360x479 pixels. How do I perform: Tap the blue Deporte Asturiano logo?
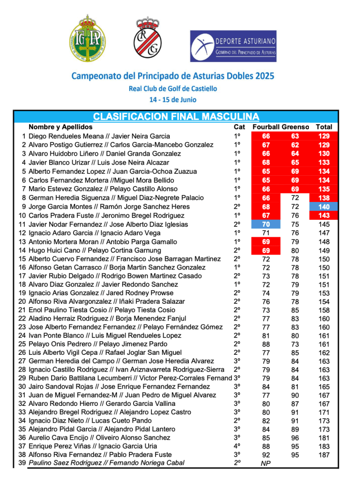[232, 46]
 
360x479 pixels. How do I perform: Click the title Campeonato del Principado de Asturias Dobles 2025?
[172, 75]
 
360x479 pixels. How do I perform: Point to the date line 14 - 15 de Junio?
[172, 99]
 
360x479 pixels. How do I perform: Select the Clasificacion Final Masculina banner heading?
[176, 116]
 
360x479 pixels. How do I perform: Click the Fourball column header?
[266, 127]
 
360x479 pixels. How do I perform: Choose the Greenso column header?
[295, 127]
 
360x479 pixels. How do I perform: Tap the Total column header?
[324, 127]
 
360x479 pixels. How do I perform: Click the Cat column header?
[239, 127]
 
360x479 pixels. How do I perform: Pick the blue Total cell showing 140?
[324, 207]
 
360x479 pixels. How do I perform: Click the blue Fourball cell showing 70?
[266, 225]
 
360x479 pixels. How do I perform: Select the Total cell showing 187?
[324, 454]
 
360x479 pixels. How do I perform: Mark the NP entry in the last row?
[266, 463]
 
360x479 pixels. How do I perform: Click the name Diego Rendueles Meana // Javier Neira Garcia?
[99, 136]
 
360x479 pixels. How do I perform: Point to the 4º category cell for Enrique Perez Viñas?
[237, 446]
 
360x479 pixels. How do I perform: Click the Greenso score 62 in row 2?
[295, 145]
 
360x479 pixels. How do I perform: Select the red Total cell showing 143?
[324, 216]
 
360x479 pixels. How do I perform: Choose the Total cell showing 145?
[324, 225]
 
